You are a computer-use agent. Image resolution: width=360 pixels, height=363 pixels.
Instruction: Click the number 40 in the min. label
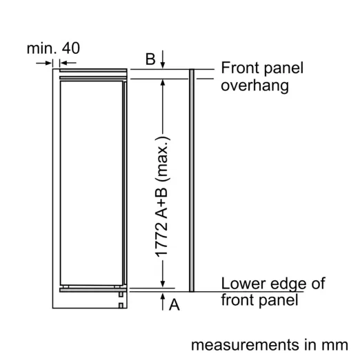click(71, 48)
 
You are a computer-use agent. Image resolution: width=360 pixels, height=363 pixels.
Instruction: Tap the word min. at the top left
click(41, 48)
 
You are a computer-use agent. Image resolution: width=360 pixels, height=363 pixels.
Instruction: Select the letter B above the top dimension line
click(150, 59)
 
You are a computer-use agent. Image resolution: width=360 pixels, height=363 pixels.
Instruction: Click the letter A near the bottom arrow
click(174, 304)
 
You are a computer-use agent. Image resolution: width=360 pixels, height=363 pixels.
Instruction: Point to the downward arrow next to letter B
click(163, 59)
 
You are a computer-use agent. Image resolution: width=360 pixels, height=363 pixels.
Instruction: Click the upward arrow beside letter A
click(163, 302)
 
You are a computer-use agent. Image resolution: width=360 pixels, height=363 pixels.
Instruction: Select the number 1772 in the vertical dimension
click(161, 239)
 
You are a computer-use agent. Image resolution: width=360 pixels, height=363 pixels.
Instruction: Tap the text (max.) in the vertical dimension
click(163, 159)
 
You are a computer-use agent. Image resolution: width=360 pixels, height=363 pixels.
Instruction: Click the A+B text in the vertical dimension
click(161, 203)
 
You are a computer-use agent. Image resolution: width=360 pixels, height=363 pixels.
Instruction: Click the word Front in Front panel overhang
click(240, 68)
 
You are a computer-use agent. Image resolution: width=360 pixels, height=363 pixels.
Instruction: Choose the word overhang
click(255, 86)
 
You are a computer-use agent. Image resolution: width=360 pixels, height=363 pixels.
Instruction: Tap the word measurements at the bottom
click(246, 345)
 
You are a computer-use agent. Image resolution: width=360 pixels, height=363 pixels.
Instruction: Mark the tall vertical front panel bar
click(192, 180)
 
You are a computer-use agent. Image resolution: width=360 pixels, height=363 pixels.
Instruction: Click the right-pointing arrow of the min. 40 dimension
click(43, 63)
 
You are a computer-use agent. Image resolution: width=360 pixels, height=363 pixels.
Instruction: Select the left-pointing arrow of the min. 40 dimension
click(68, 63)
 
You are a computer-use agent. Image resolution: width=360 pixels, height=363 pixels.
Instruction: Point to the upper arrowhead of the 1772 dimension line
click(163, 82)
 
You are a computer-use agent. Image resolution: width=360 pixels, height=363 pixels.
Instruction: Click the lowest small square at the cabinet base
click(121, 306)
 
